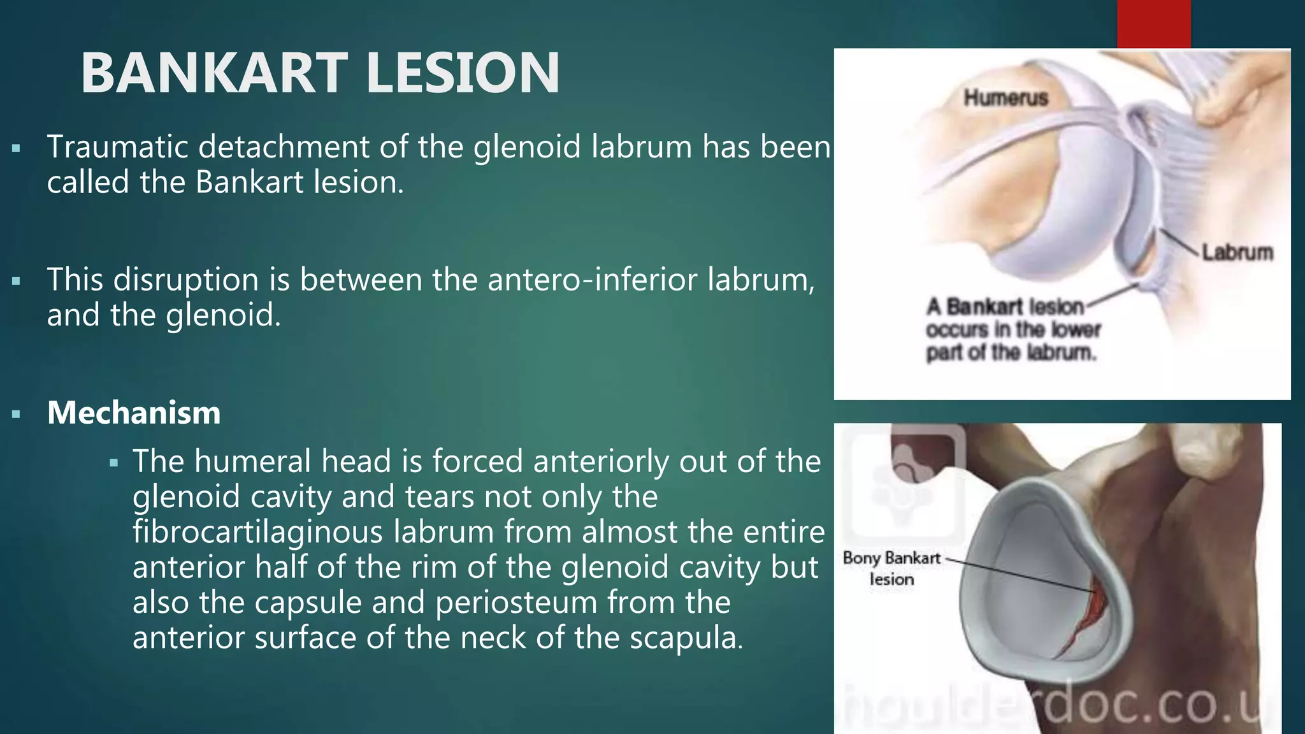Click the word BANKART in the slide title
click(x=214, y=73)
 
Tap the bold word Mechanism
click(x=134, y=413)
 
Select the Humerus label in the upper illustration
click(x=1006, y=98)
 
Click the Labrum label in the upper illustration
click(x=1237, y=252)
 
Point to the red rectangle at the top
click(x=1153, y=24)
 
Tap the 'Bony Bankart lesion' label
click(x=891, y=568)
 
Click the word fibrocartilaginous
click(x=257, y=532)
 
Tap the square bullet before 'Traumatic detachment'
click(x=16, y=149)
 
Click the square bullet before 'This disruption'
click(x=16, y=281)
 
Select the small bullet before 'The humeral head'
click(x=114, y=463)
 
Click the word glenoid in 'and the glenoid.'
click(x=222, y=315)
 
